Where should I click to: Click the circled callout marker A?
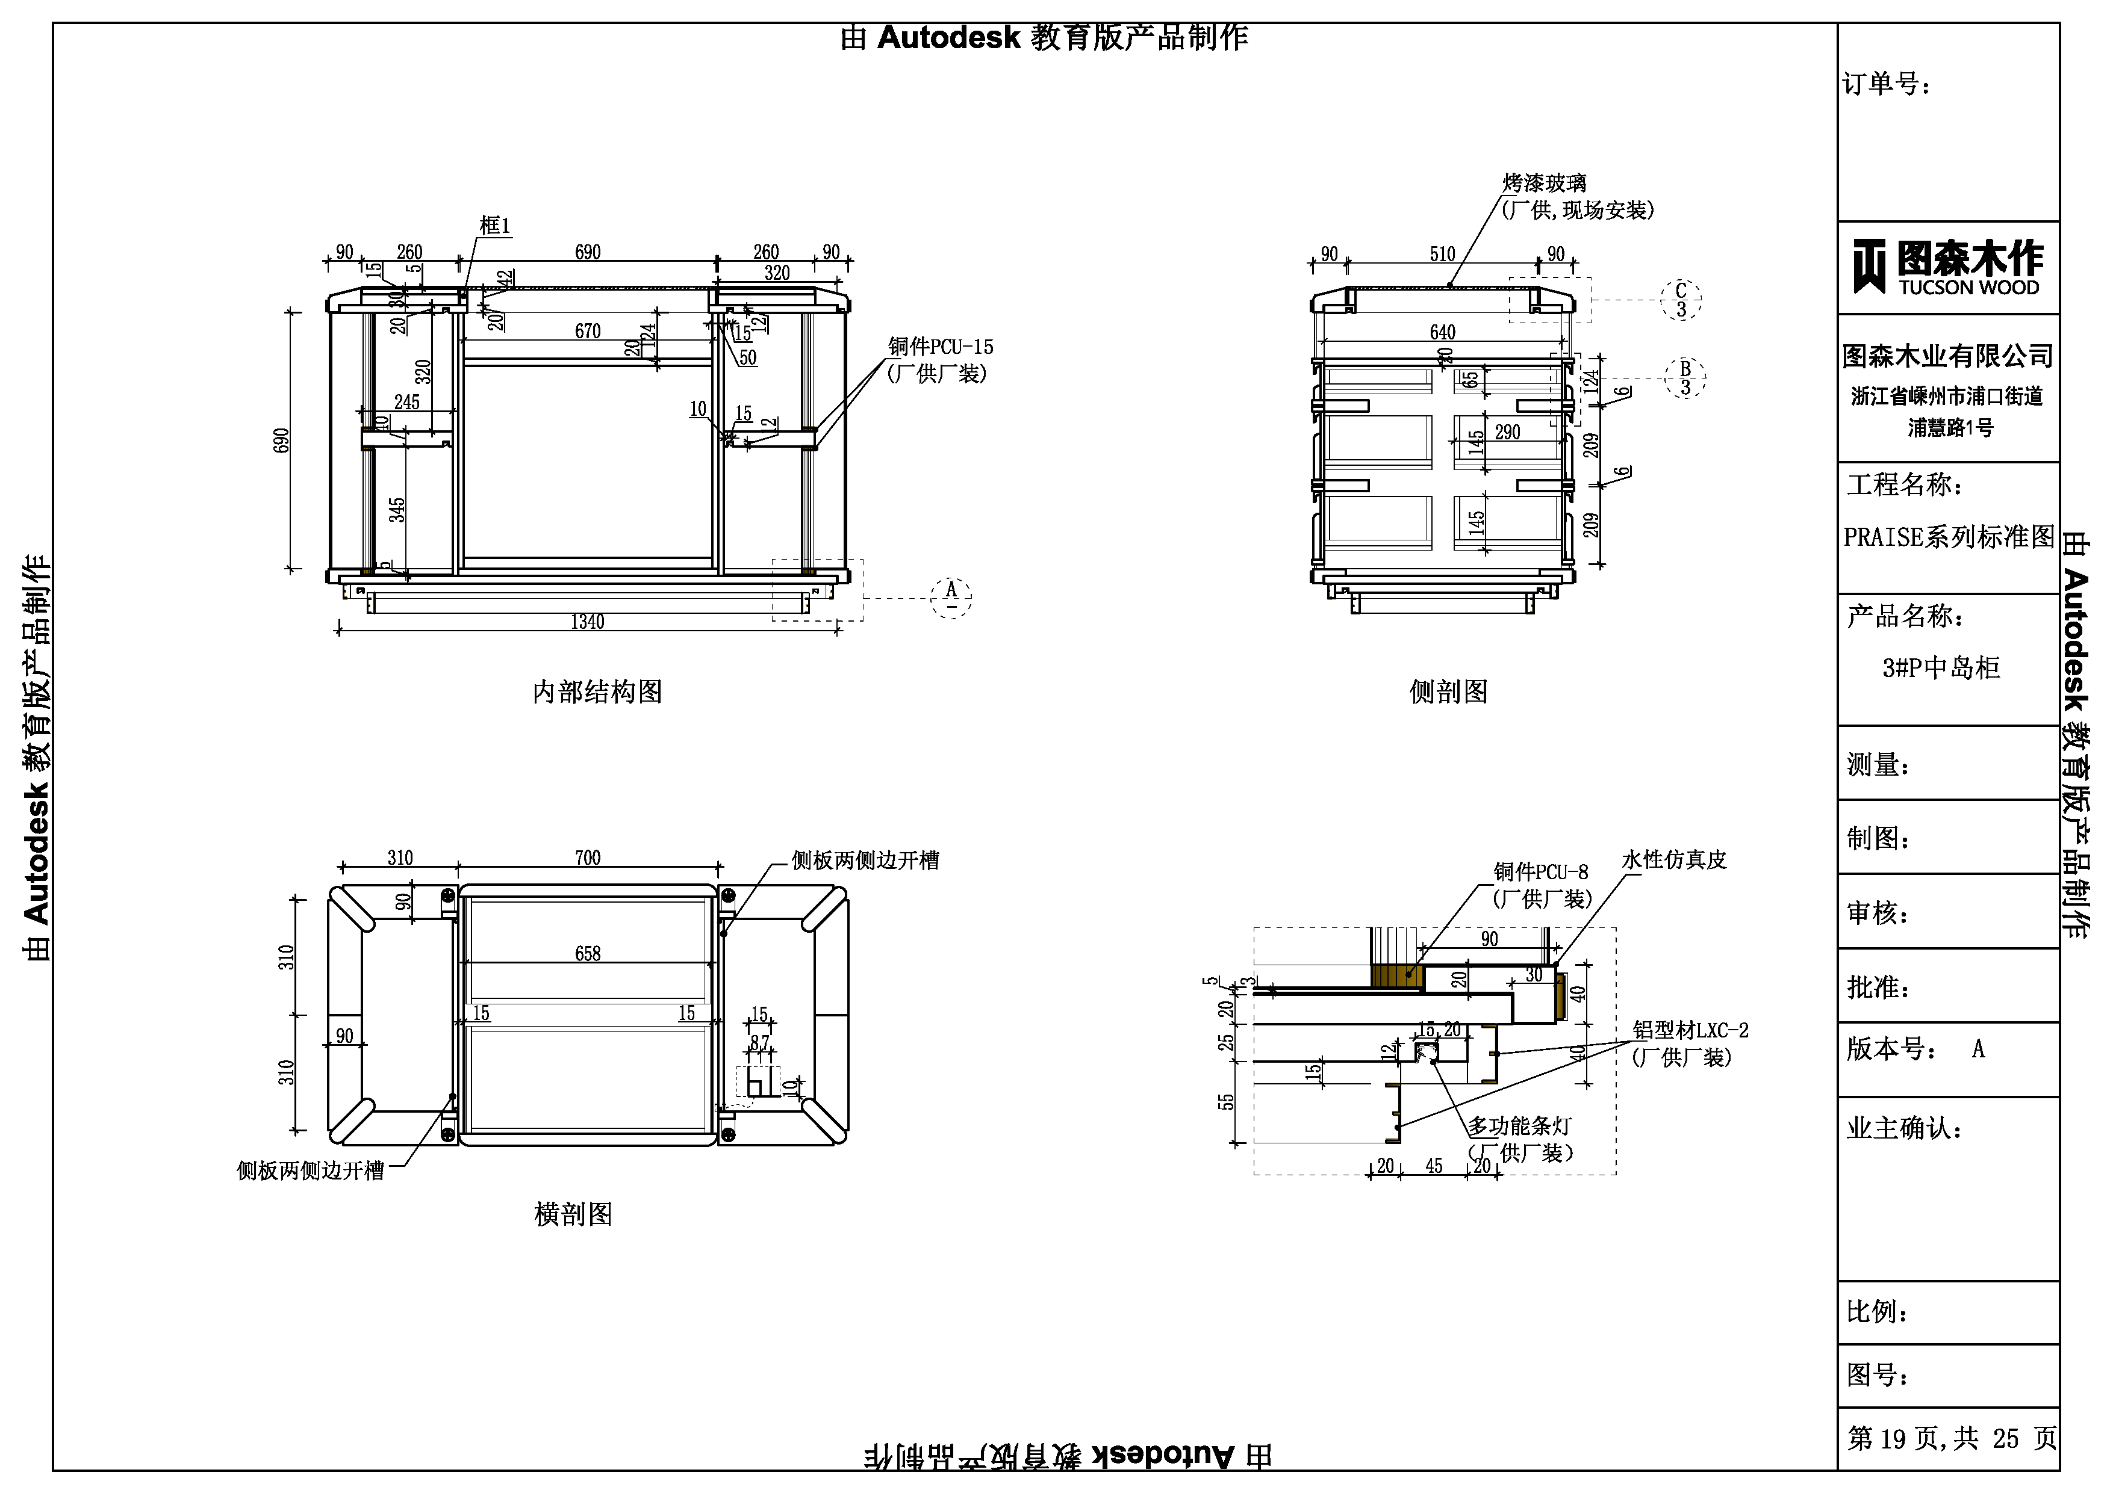pos(951,597)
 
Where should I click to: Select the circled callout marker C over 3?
pos(1681,300)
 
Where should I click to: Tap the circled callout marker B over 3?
pos(1685,377)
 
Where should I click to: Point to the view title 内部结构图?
pos(597,692)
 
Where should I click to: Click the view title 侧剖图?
pos(1449,692)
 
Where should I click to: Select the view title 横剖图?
pos(573,1214)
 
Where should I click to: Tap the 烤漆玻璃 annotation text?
pos(1545,183)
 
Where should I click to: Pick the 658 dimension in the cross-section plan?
pos(587,954)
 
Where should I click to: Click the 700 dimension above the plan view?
pos(587,858)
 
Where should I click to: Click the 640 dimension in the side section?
pos(1442,332)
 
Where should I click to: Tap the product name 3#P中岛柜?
pos(1941,668)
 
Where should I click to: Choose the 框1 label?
pos(494,226)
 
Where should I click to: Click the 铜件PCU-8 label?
pos(1540,872)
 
